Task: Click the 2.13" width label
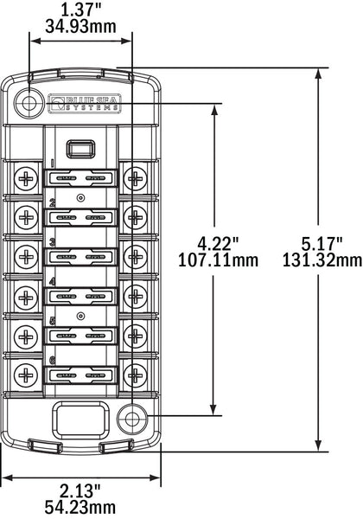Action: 80,490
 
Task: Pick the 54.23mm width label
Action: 80,507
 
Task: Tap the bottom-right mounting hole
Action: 132,420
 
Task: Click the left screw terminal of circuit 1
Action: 28,179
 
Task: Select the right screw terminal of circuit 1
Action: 134,179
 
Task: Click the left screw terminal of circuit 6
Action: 28,375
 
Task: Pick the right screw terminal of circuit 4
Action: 134,297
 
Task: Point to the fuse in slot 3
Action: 80,258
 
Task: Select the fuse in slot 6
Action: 80,375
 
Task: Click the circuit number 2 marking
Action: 53,203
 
